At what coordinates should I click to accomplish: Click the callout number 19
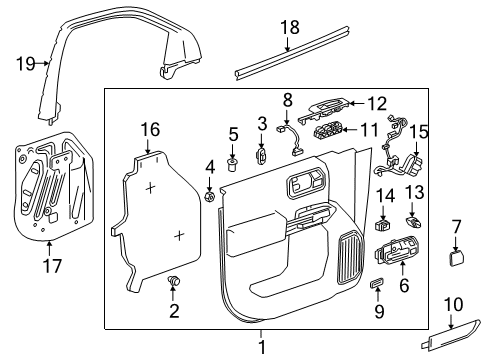point(25,63)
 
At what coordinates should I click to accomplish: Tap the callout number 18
point(289,29)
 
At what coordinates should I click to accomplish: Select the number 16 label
point(150,129)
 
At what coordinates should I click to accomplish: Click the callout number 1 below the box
point(261,346)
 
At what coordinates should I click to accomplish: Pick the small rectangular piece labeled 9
point(378,285)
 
